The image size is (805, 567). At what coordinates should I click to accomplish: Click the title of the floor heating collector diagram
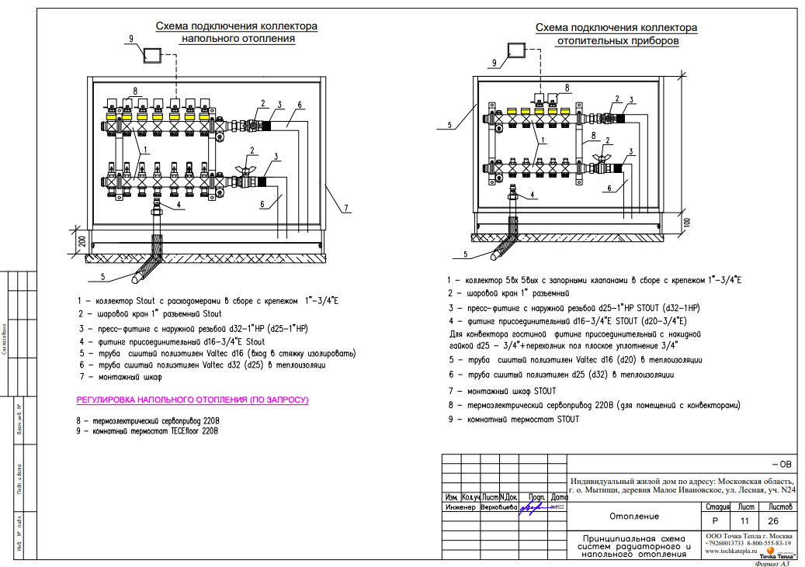pyautogui.click(x=237, y=32)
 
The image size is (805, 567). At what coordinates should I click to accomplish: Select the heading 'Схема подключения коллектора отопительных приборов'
pyautogui.click(x=616, y=33)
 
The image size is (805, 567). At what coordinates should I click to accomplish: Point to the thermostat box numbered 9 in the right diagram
pyautogui.click(x=516, y=50)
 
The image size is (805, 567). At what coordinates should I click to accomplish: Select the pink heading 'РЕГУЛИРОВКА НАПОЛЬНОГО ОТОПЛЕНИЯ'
pyautogui.click(x=192, y=400)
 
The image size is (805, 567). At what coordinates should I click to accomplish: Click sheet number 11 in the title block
pyautogui.click(x=744, y=522)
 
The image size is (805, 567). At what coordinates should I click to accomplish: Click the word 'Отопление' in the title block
pyautogui.click(x=633, y=516)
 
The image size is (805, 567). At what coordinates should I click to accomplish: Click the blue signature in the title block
pyautogui.click(x=533, y=507)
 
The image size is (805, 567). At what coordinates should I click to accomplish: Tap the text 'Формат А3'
pyautogui.click(x=775, y=563)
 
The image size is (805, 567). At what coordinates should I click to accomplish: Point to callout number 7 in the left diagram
pyautogui.click(x=346, y=208)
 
